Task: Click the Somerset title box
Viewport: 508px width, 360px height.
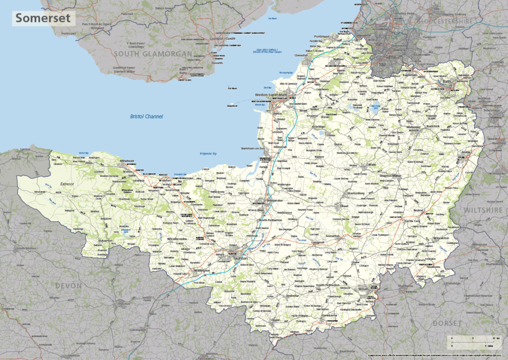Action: pyautogui.click(x=44, y=18)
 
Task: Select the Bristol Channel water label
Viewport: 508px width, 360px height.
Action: pyautogui.click(x=146, y=116)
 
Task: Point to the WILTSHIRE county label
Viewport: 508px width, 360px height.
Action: pyautogui.click(x=484, y=211)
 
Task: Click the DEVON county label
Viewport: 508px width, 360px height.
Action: pyautogui.click(x=69, y=286)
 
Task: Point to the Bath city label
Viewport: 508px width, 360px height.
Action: pyautogui.click(x=447, y=81)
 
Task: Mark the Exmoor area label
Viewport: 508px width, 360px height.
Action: pyautogui.click(x=67, y=184)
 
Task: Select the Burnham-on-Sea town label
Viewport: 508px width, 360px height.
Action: pyautogui.click(x=254, y=148)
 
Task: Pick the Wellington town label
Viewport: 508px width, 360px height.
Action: pyautogui.click(x=202, y=271)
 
